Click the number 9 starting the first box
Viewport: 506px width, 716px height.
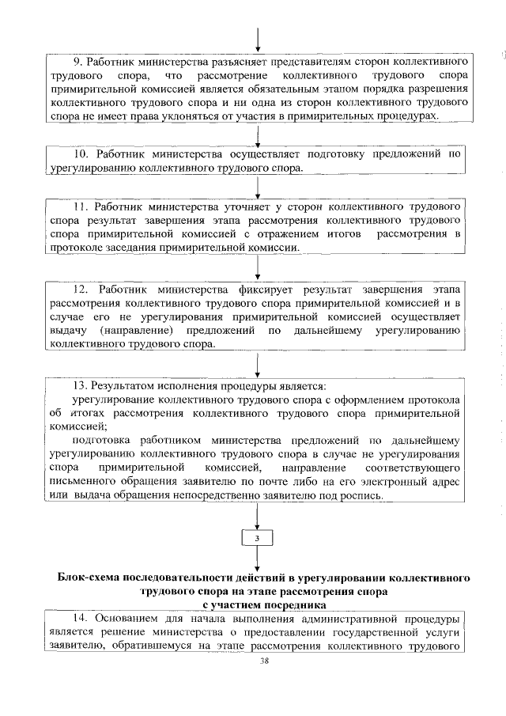point(76,61)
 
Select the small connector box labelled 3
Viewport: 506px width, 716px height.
point(258,537)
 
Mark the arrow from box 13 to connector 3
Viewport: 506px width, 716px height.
point(259,517)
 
